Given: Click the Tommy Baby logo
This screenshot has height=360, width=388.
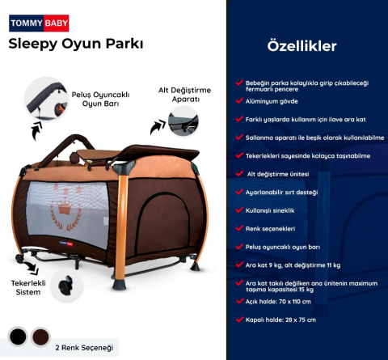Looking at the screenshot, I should point(39,23).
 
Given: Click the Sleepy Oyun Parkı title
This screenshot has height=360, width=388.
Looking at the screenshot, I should point(76,44).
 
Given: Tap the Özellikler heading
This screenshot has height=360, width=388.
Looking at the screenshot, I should point(302,46).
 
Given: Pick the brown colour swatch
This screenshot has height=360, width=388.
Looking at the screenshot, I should point(41,337).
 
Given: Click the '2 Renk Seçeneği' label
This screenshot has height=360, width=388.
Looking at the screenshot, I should point(83,347).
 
